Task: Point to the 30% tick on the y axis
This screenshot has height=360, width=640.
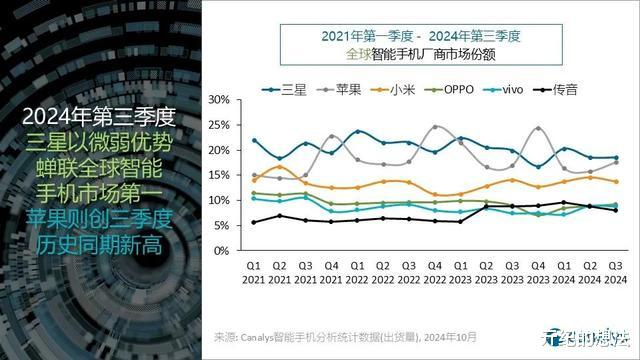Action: click(219, 100)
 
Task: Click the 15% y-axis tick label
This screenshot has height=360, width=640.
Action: click(219, 175)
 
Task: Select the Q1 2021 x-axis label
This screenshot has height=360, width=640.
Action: click(255, 273)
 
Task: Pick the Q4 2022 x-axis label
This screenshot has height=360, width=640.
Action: click(436, 273)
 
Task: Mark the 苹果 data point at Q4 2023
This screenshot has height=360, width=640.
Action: click(539, 128)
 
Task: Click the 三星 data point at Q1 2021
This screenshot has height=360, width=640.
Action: click(255, 141)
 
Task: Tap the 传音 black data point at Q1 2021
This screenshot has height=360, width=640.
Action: click(255, 222)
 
